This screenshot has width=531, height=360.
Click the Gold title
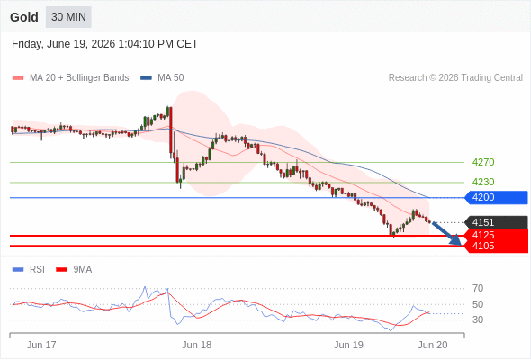click(24, 17)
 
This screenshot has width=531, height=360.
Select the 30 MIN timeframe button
click(68, 17)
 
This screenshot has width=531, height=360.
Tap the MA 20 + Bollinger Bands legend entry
click(70, 78)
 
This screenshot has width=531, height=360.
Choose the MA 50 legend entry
click(162, 78)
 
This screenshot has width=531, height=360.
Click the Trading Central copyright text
click(455, 78)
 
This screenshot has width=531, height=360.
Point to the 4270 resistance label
click(483, 162)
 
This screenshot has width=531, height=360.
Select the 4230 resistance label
click(483, 182)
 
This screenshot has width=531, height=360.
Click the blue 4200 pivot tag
click(496, 197)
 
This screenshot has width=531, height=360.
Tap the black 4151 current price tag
click(496, 222)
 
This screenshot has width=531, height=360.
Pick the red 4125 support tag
click(496, 235)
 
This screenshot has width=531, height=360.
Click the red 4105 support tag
click(496, 247)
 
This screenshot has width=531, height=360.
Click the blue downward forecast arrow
click(447, 233)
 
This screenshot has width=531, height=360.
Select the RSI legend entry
click(29, 270)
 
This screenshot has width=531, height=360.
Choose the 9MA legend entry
click(74, 270)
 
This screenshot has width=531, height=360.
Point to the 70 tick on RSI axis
click(478, 289)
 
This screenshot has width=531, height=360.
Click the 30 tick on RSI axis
click(478, 319)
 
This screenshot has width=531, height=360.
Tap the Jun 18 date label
click(196, 345)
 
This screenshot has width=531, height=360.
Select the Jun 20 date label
click(433, 345)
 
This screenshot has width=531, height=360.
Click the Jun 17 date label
click(41, 345)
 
